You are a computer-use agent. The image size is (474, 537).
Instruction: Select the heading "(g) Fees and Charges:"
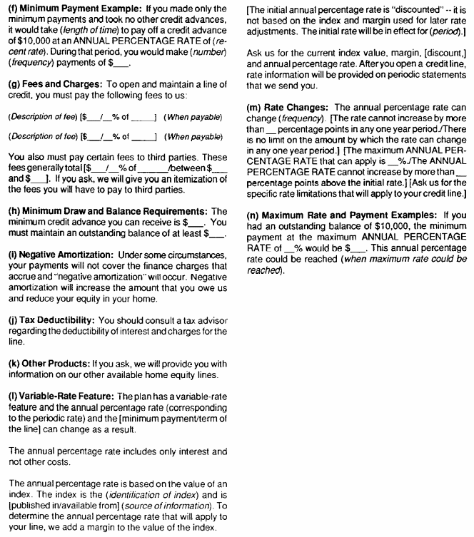(49, 95)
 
